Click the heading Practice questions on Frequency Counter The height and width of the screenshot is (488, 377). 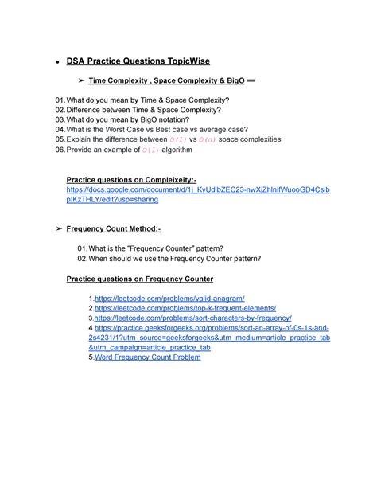(x=142, y=278)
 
